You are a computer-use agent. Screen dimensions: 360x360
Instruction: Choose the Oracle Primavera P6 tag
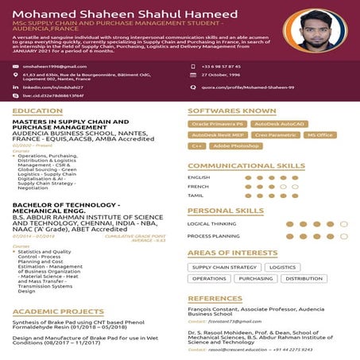coord(217,124)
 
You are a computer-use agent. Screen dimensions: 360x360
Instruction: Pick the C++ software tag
coord(198,146)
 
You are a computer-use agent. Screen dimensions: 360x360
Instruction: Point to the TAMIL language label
coord(196,195)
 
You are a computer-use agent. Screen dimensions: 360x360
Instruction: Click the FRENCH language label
coord(198,186)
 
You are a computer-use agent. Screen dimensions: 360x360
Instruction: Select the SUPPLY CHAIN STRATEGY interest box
coord(224,268)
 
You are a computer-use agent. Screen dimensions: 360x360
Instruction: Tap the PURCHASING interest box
coord(255,279)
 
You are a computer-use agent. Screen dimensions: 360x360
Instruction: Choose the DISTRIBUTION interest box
coord(304,279)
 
